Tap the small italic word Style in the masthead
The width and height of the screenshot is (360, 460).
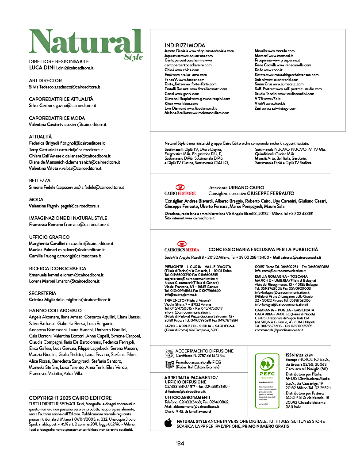[x=134, y=57]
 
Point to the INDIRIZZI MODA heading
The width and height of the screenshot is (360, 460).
[x=184, y=46]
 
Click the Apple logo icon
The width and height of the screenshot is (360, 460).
[x=168, y=423]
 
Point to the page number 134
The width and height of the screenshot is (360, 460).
[x=180, y=444]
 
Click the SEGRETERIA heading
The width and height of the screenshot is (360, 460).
[x=42, y=293]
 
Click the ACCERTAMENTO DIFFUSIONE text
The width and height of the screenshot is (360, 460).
[x=200, y=350]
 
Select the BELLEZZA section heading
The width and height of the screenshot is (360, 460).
[x=40, y=181]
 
